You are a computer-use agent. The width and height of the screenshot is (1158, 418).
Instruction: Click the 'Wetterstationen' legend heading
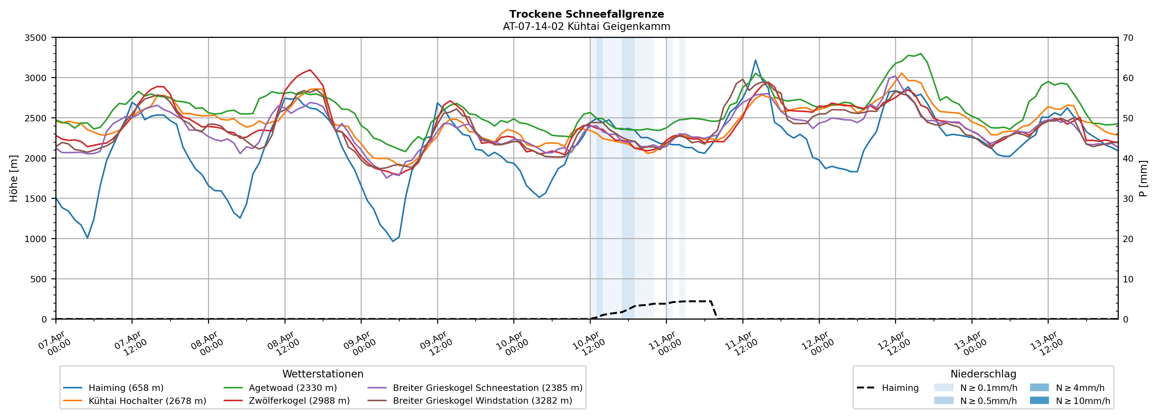(323, 374)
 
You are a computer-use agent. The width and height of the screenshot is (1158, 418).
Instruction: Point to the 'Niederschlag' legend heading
(983, 374)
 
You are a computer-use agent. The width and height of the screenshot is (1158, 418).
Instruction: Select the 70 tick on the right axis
(1128, 38)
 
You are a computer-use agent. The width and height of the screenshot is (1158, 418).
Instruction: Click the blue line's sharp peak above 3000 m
(755, 60)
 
